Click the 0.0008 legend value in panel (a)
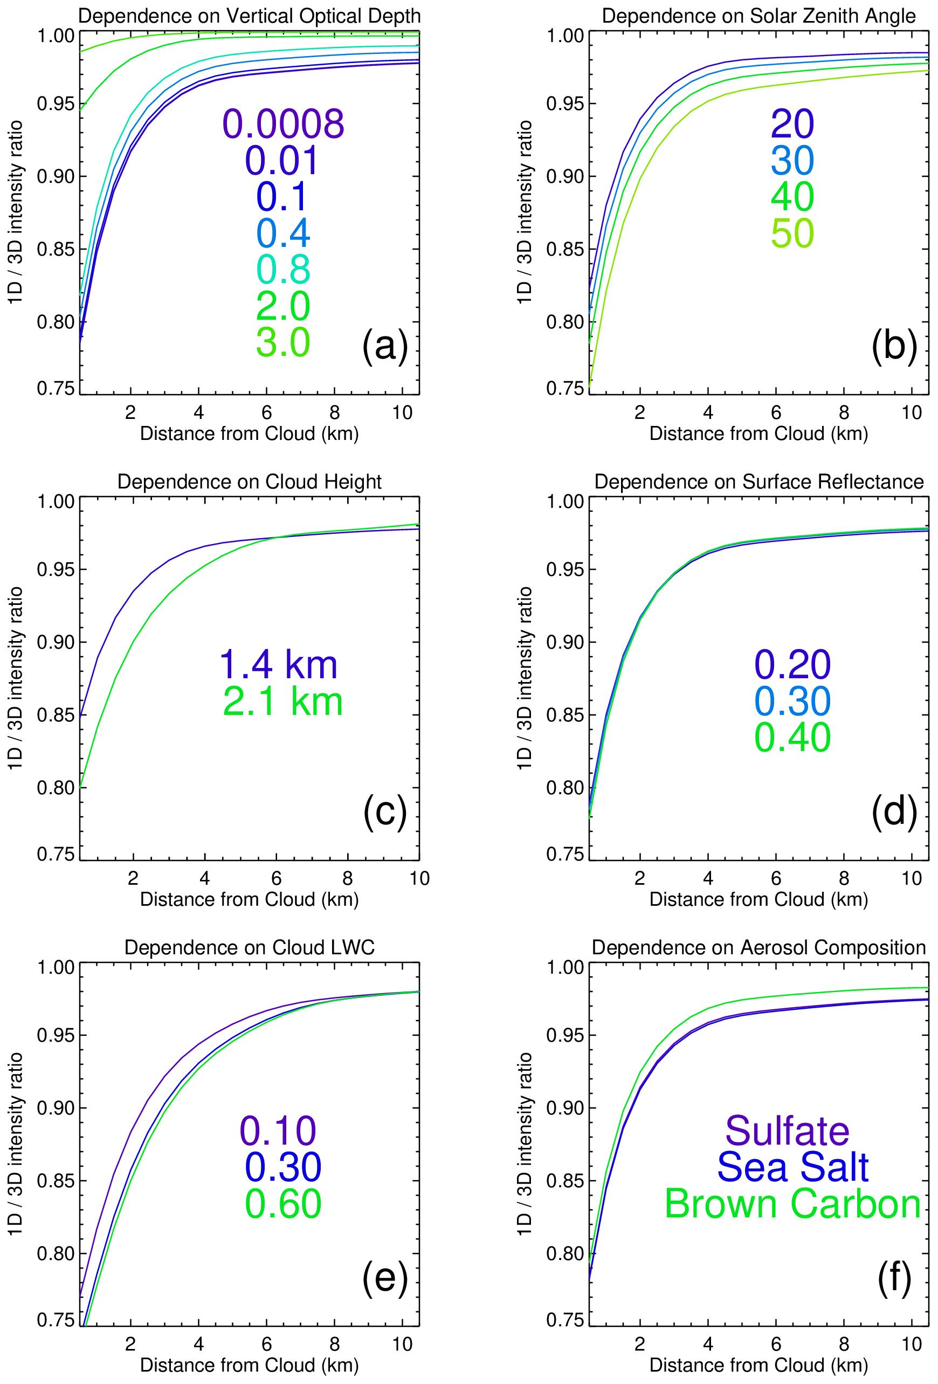(283, 124)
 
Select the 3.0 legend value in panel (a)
(283, 342)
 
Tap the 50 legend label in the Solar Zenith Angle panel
(792, 233)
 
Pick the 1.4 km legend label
(278, 665)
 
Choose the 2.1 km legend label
(283, 701)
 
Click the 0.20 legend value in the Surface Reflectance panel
(792, 665)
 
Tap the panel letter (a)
(385, 346)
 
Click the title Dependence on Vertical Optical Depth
(250, 16)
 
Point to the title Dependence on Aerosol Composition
(758, 947)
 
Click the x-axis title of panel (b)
(758, 433)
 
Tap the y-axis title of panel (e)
(15, 1144)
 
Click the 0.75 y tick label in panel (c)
(56, 855)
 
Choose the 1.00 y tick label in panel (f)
(565, 967)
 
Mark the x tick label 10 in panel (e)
(402, 1344)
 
